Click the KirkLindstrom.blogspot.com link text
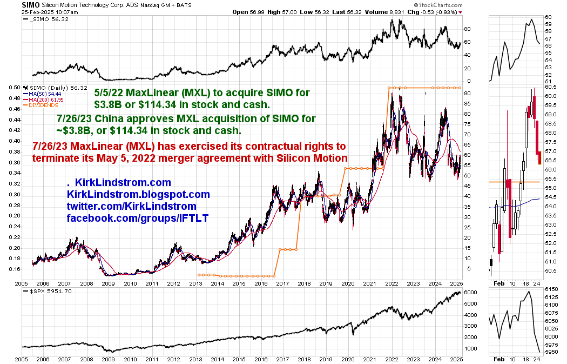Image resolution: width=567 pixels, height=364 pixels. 138,194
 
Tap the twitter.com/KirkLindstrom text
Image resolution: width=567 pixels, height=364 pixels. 131,206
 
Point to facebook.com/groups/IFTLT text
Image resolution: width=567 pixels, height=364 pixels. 138,218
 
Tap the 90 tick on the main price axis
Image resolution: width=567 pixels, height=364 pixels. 468,94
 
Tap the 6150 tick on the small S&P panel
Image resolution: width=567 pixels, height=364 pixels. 551,290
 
